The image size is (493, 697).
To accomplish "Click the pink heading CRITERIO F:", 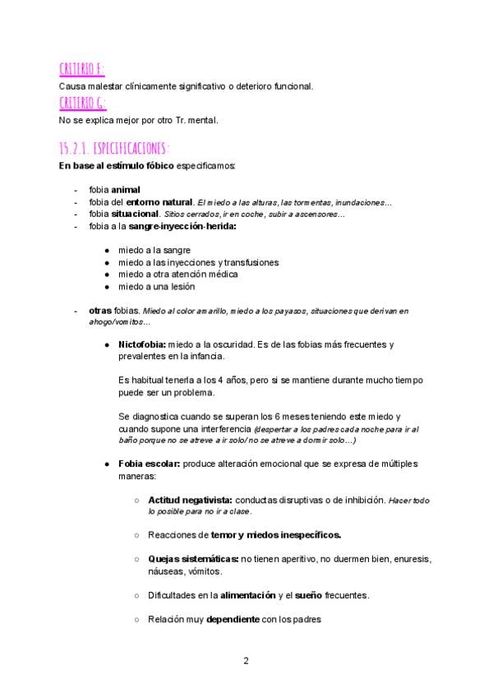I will pos(81,68).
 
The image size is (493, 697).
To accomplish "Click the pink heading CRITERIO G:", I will pos(82,103).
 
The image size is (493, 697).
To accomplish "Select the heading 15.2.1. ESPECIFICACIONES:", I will pos(114,149).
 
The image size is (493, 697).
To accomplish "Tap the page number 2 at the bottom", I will pos(246,660).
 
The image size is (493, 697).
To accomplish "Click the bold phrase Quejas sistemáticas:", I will pos(193,559).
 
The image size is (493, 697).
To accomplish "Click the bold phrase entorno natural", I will pos(159,201).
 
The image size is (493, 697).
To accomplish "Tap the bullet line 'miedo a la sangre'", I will pos(154,249).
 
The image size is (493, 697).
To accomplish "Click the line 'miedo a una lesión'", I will pos(156,286).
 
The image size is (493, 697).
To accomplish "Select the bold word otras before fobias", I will pos(101,311).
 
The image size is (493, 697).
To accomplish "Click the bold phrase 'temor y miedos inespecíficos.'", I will pos(276,535).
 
